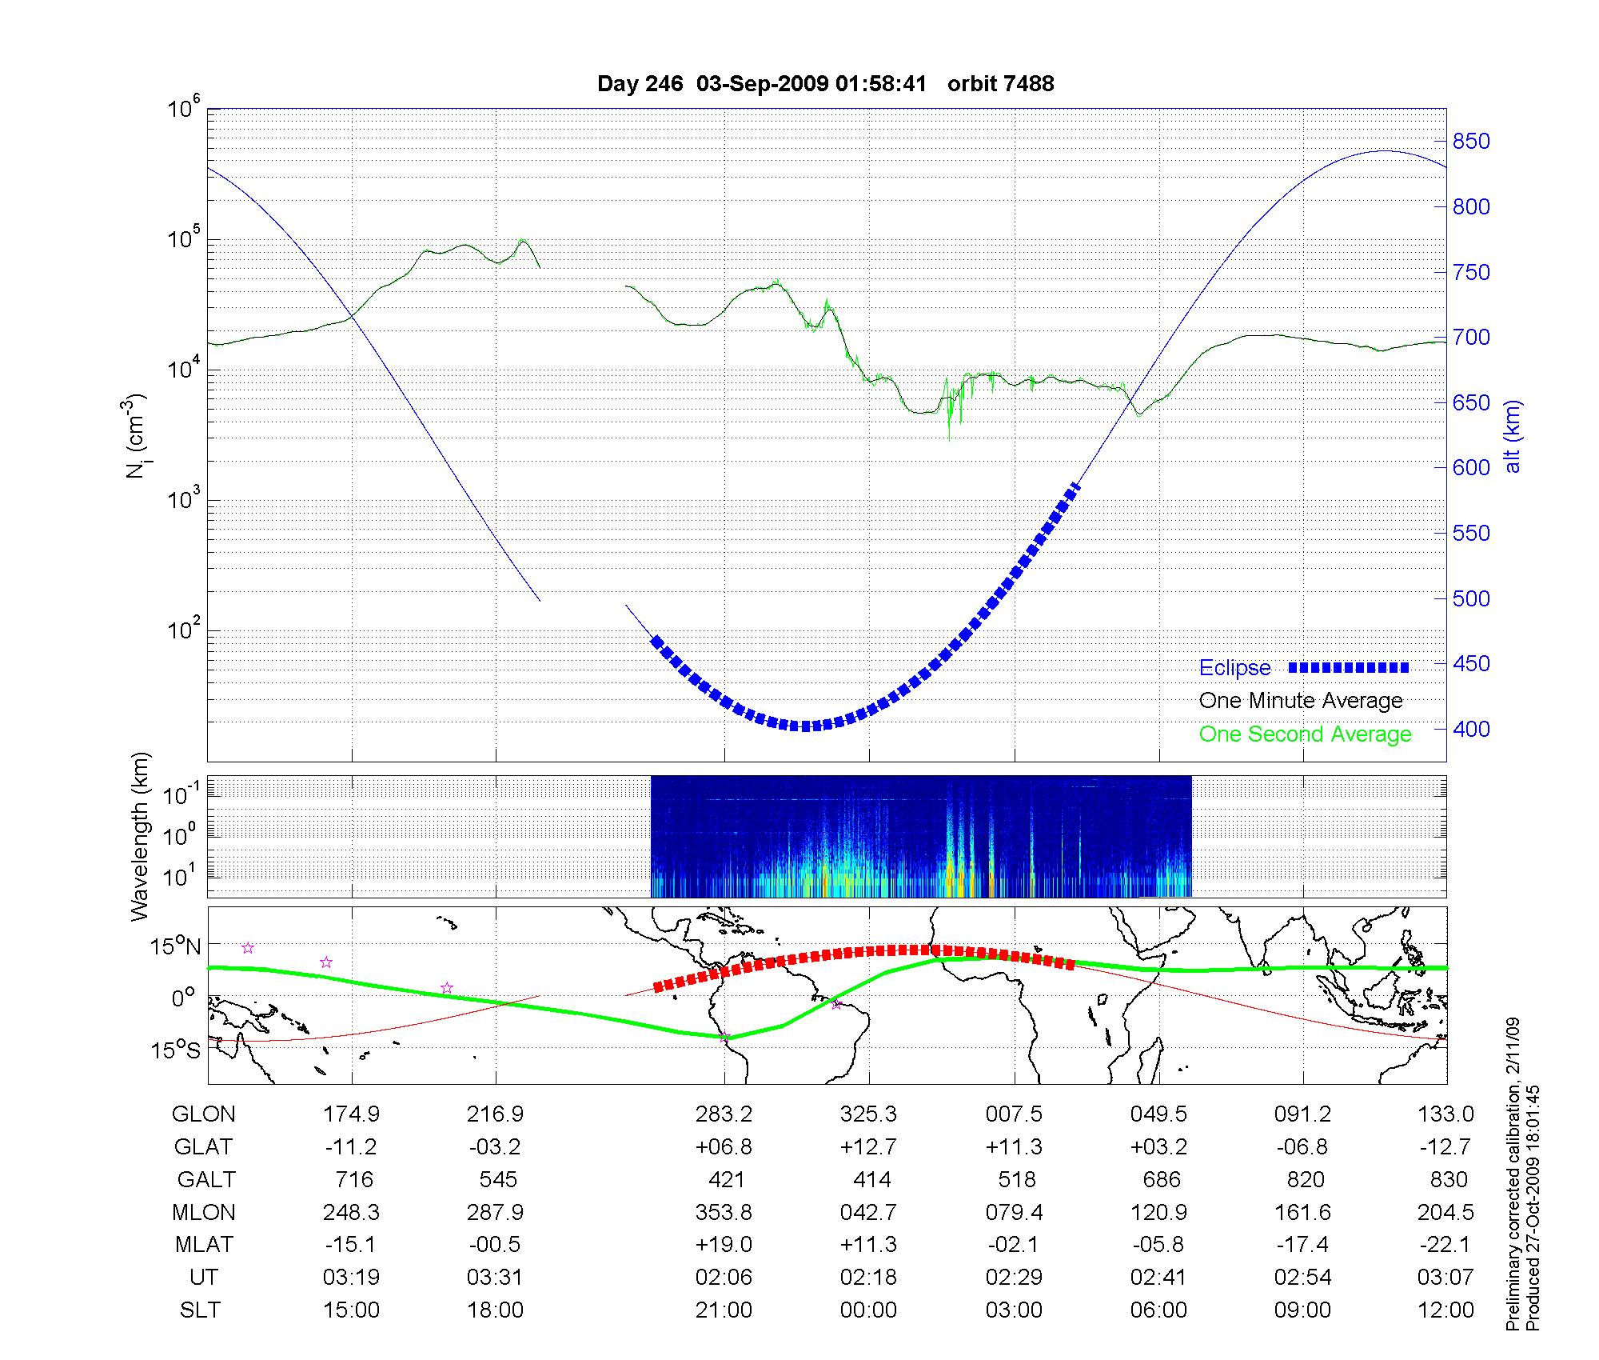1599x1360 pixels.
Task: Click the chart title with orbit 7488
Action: coord(825,83)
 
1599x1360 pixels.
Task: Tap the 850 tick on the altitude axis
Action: coord(1471,142)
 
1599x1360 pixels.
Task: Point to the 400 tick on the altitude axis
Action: coord(1471,729)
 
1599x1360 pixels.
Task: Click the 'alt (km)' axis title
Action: coord(1513,437)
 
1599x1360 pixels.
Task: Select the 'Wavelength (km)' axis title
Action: coord(141,837)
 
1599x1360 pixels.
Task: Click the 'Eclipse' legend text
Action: coord(1234,668)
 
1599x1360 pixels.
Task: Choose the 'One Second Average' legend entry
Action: coord(1305,734)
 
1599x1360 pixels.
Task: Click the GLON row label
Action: coord(204,1114)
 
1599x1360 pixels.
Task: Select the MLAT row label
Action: coord(204,1245)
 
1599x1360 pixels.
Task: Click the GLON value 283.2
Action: coord(724,1114)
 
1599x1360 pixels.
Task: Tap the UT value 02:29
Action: coord(1014,1278)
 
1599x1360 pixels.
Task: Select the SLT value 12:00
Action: coord(1445,1310)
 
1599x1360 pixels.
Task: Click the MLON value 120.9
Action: coord(1158,1213)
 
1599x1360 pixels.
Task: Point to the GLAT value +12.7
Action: coord(868,1147)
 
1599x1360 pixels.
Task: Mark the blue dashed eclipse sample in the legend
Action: coord(1348,667)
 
